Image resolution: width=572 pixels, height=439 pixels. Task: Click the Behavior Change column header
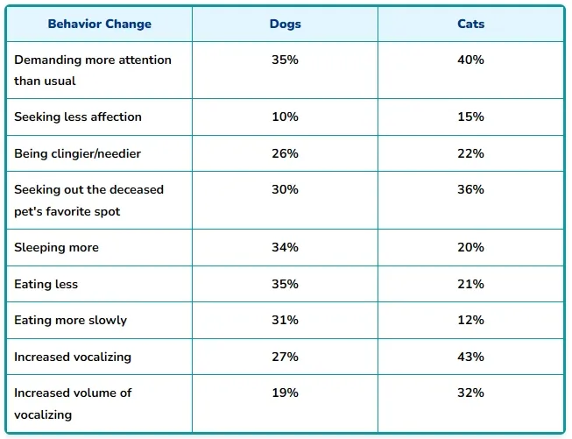click(x=99, y=24)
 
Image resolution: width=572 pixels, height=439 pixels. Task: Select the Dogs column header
click(x=285, y=24)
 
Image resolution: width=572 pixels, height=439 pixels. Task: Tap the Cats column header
click(x=470, y=24)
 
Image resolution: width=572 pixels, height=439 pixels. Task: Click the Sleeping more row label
click(x=56, y=248)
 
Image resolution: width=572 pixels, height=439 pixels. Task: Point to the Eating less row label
click(x=46, y=284)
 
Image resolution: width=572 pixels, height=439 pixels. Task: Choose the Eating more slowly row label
click(x=70, y=320)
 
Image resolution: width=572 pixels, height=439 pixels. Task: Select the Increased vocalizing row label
click(x=73, y=357)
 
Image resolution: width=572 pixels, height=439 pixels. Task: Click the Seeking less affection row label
click(x=78, y=117)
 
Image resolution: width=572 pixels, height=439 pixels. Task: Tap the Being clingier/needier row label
click(x=77, y=153)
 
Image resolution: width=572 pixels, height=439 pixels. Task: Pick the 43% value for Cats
click(x=470, y=357)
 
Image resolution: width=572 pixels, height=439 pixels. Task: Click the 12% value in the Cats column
click(x=470, y=320)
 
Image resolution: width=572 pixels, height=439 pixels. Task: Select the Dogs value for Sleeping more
click(x=285, y=248)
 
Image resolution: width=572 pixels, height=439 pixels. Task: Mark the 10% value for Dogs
click(x=285, y=117)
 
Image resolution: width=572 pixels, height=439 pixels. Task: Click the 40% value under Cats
click(x=470, y=60)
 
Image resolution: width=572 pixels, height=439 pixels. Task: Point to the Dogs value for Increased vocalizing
click(x=285, y=357)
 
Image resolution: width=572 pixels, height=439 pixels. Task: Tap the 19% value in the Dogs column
click(x=285, y=393)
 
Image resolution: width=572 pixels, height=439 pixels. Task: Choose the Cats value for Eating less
click(x=470, y=284)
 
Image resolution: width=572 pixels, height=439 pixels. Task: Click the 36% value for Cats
click(x=470, y=189)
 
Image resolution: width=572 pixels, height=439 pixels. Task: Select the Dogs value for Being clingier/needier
click(x=285, y=153)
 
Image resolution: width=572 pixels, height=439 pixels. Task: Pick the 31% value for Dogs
click(x=285, y=320)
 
